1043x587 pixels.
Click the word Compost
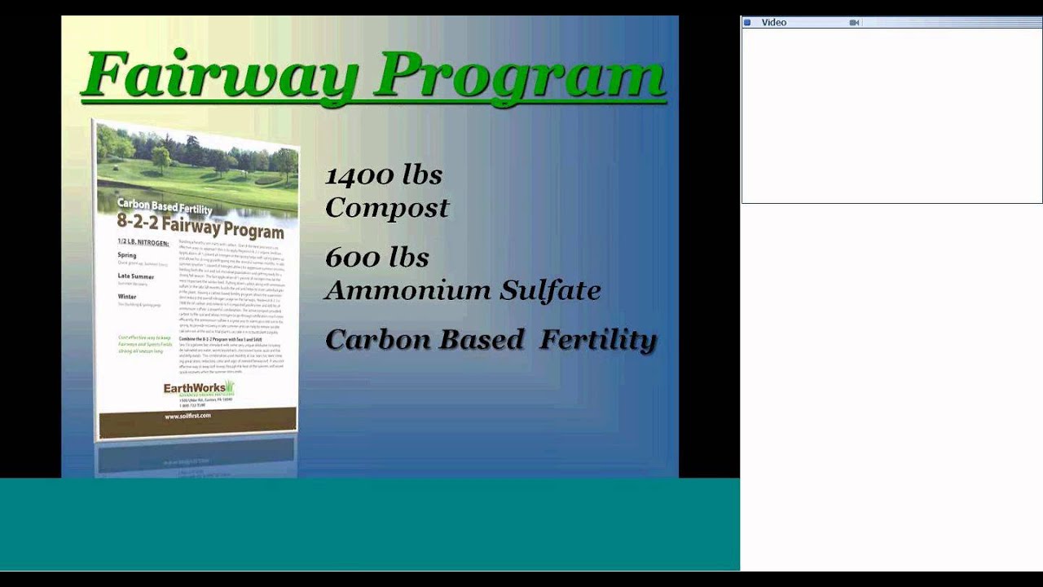(387, 208)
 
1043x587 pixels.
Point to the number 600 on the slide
(354, 258)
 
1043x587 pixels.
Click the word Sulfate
(550, 290)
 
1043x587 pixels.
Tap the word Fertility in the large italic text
(598, 339)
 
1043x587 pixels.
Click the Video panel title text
(773, 23)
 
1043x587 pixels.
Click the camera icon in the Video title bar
(854, 23)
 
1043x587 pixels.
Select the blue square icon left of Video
(747, 23)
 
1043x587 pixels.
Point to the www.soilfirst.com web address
(187, 416)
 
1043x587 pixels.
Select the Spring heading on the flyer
(127, 255)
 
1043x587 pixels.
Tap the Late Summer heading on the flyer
(135, 277)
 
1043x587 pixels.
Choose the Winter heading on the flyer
(129, 297)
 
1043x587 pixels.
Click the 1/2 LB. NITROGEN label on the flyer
(143, 243)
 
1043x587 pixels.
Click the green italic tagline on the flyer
(144, 344)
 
